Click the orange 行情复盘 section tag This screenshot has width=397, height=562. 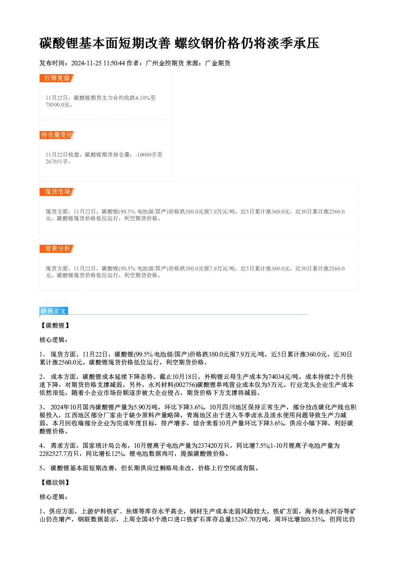[57, 78]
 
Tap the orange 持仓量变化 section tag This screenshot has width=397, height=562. [57, 135]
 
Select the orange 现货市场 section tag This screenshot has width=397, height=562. [57, 192]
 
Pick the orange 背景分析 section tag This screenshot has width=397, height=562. [57, 249]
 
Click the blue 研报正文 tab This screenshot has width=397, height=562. [54, 311]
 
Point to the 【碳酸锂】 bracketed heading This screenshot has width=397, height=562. [55, 326]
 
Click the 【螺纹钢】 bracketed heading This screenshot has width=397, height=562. [55, 482]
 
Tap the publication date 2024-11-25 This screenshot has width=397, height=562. [86, 63]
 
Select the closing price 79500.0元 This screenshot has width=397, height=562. [57, 105]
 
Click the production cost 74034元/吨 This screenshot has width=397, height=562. [283, 377]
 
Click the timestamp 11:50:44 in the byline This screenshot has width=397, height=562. [114, 63]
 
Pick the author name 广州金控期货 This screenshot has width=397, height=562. [164, 63]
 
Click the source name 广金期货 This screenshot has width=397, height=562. [218, 63]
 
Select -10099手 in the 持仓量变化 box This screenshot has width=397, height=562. [145, 155]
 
